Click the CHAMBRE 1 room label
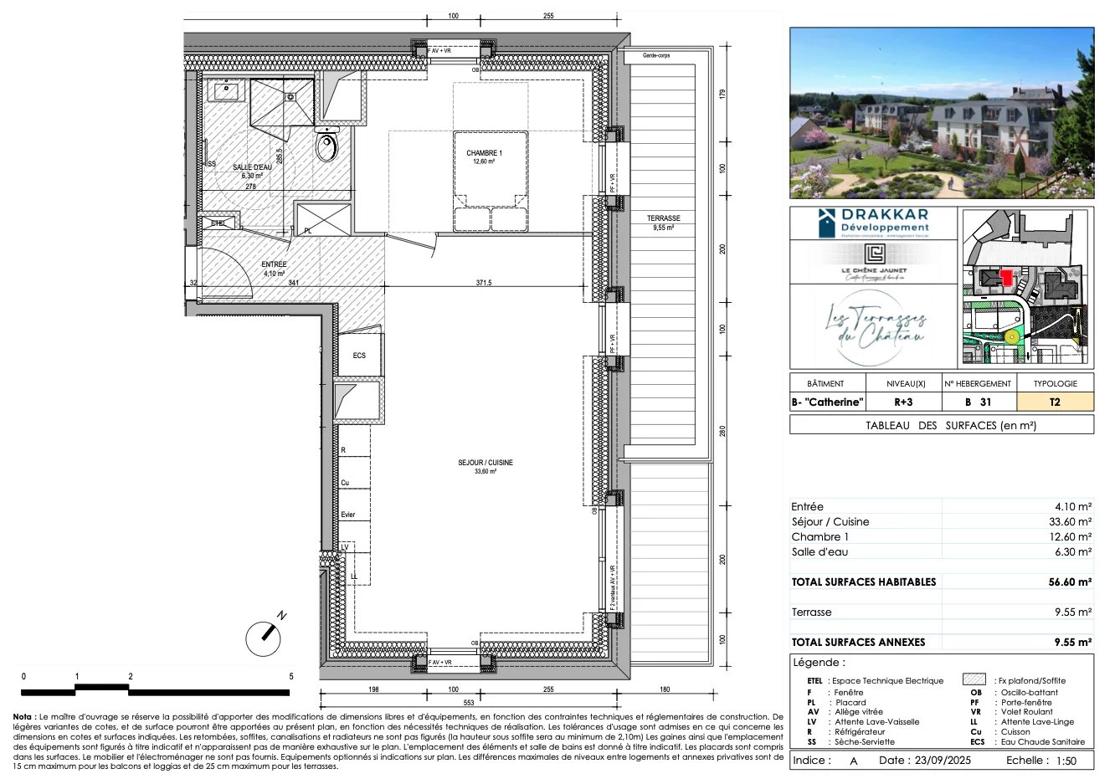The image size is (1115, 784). pos(484,154)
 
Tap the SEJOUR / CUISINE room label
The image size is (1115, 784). pos(485,463)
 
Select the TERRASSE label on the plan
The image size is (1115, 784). pos(663,218)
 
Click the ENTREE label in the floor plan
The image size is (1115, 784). pos(274,265)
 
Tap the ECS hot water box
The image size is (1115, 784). pos(359,356)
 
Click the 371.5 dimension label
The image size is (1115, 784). pos(484,283)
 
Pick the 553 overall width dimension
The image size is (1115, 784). pos(469,703)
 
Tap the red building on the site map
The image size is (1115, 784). pos(1005,275)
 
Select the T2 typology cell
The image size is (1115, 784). pos(1054,402)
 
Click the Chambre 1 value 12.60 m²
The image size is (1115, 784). pos(1071,536)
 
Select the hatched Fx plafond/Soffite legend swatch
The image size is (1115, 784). pos(974,680)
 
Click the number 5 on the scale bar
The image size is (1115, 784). pos(290,676)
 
